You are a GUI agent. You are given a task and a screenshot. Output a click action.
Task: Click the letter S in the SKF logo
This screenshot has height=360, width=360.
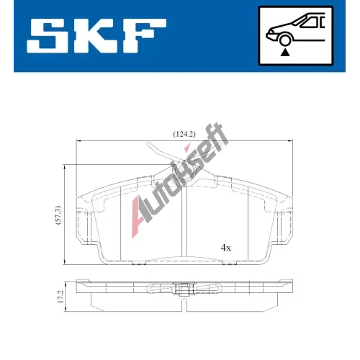click(x=48, y=35)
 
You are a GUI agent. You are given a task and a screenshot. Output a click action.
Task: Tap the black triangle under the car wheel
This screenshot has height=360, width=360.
click(x=285, y=53)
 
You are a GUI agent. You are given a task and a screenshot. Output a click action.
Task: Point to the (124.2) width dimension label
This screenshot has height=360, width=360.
click(x=184, y=134)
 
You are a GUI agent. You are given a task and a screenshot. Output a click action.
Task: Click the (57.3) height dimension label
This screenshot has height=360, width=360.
click(x=58, y=215)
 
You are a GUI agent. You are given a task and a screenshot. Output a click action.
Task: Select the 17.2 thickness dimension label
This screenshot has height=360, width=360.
click(x=60, y=297)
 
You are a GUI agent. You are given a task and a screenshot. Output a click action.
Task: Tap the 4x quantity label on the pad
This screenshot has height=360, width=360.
click(x=226, y=248)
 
